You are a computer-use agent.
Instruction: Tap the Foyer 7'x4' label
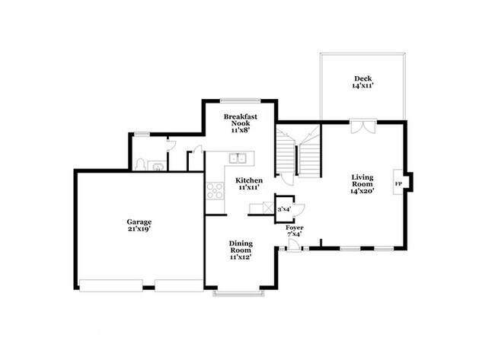pos(294,231)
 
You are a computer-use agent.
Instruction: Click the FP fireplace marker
pos(398,184)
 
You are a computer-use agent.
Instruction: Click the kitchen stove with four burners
pos(214,191)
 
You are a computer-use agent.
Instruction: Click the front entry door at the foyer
pos(293,244)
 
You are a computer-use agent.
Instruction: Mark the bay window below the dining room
pos(238,292)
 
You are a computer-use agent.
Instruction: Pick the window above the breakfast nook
pos(238,100)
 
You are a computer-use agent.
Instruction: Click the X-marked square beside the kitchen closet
pos(267,207)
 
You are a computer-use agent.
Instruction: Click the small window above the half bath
pos(142,134)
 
